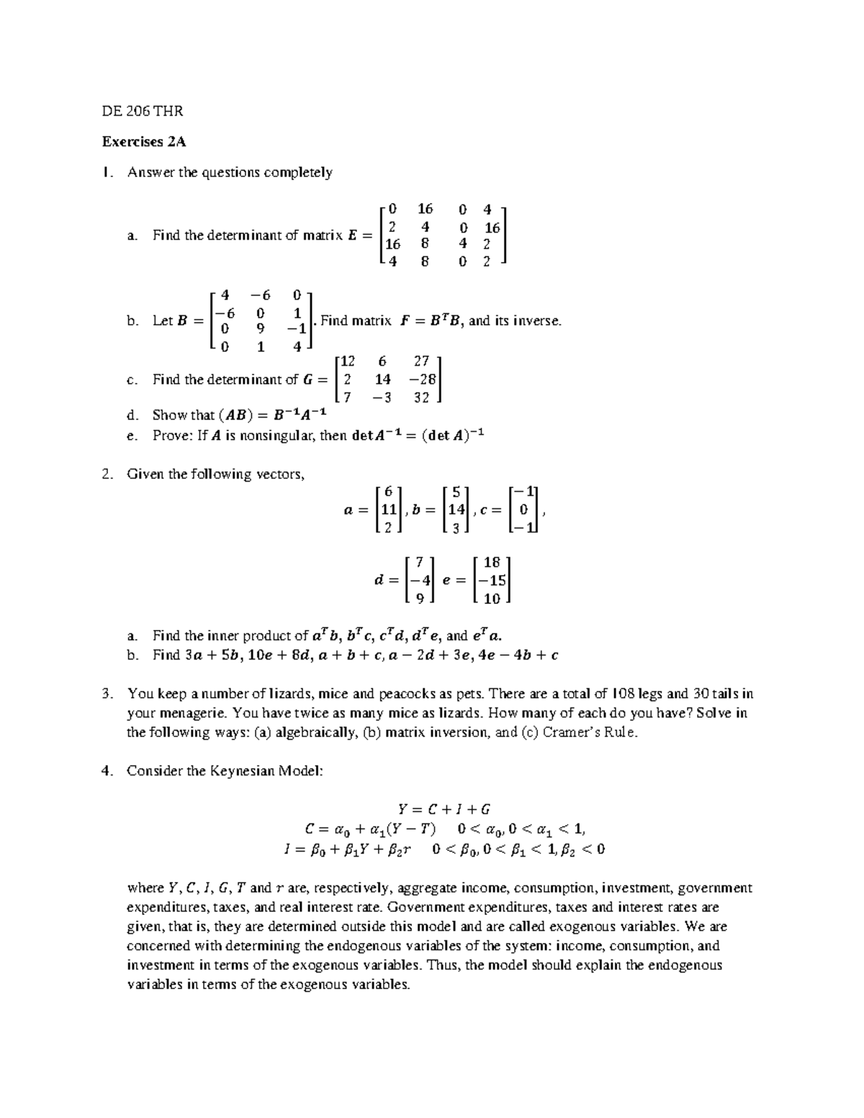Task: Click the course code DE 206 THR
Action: [x=143, y=111]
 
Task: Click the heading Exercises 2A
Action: [x=144, y=142]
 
